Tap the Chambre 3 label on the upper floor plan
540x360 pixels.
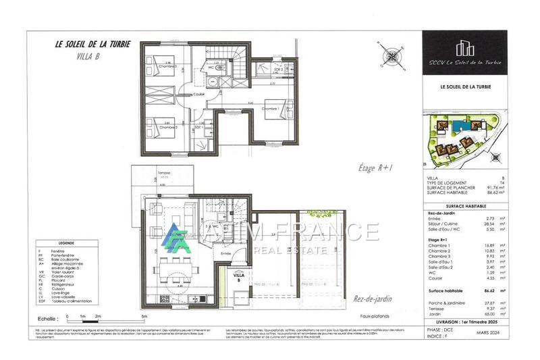tap(167, 66)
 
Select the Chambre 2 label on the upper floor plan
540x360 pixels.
tap(167, 126)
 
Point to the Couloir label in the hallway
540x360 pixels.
tap(199, 94)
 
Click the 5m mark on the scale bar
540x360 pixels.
tap(144, 316)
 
